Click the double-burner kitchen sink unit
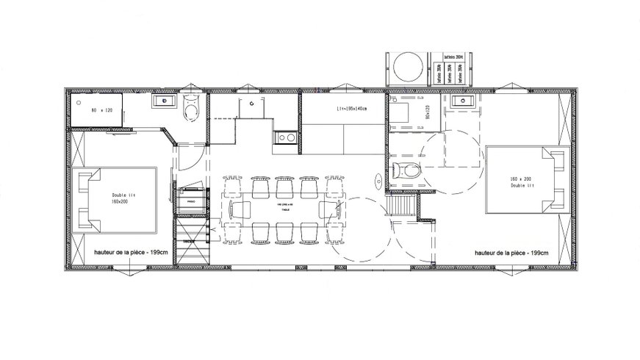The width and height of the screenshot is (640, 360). coord(286,136)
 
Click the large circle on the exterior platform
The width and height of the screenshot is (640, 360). coord(408,68)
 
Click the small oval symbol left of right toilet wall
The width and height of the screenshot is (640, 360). coord(378,176)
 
